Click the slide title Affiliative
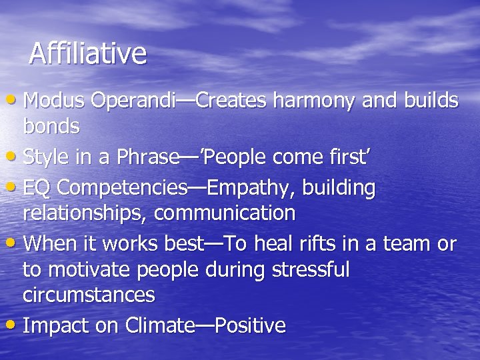[x=87, y=53]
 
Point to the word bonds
[x=51, y=125]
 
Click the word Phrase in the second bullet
[x=145, y=157]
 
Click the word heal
[x=278, y=245]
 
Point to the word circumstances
[x=89, y=294]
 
